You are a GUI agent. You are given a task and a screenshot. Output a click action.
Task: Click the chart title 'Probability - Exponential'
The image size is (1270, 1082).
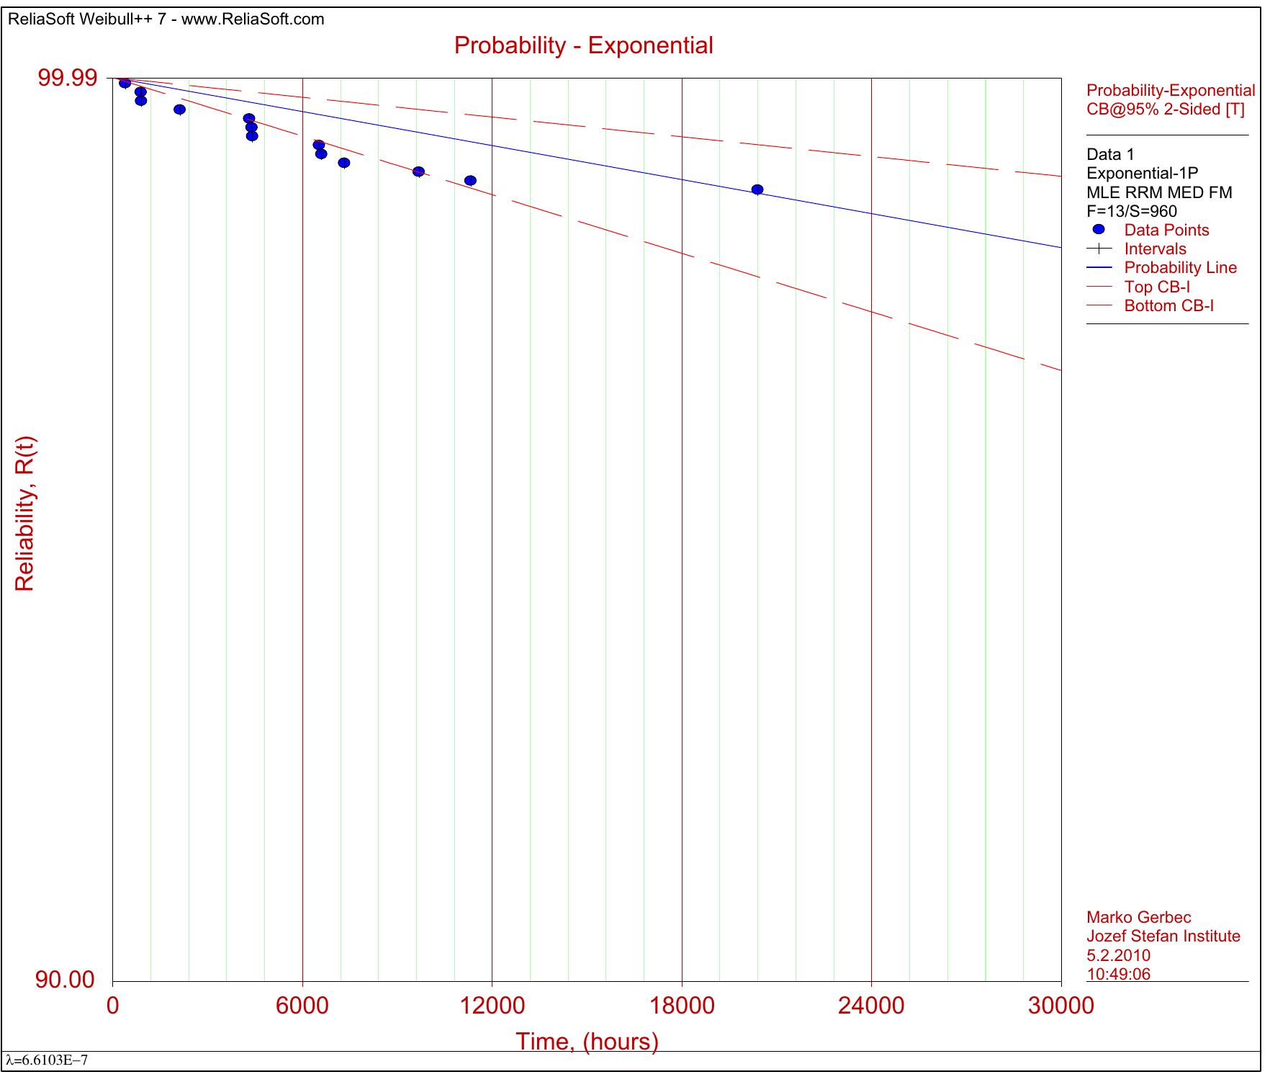pos(583,45)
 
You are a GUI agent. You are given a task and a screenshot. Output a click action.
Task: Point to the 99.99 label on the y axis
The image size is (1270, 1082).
pos(67,78)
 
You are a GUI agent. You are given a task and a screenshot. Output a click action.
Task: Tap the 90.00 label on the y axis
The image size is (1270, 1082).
pos(65,980)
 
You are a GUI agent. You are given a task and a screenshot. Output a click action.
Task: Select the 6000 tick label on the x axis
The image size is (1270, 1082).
pos(302,1006)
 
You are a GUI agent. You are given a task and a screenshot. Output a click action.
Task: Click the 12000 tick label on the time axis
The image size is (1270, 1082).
pos(492,1006)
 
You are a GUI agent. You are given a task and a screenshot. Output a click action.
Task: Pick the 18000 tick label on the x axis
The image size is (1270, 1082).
pos(682,1006)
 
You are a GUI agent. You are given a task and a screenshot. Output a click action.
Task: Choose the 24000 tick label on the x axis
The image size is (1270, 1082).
pos(871,1006)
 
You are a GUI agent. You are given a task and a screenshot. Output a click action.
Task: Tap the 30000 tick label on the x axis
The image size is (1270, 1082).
pos(1060,1006)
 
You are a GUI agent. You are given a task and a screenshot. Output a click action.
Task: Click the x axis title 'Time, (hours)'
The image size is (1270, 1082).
pos(587,1042)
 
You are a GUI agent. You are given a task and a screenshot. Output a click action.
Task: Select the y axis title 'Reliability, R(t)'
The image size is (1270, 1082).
pos(24,514)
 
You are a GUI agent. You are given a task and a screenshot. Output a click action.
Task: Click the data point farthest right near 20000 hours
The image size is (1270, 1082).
pos(757,189)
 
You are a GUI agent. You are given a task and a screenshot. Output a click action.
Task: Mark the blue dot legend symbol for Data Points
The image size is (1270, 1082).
pos(1099,230)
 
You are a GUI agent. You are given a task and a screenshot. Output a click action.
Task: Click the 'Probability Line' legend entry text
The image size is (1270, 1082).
pos(1180,268)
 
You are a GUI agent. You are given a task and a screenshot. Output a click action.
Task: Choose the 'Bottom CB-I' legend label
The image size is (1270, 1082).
pos(1168,305)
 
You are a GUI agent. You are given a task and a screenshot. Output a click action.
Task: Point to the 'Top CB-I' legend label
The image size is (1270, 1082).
pos(1157,287)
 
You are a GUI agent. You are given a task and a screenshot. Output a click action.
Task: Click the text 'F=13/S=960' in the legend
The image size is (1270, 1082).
pos(1132,211)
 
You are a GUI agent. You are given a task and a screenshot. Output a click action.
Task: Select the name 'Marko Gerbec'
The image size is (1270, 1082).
pos(1138,918)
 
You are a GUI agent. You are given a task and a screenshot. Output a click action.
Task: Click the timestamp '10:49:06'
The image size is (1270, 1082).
pos(1118,974)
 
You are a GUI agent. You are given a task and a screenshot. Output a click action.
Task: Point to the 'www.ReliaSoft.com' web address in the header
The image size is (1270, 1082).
pos(253,19)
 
